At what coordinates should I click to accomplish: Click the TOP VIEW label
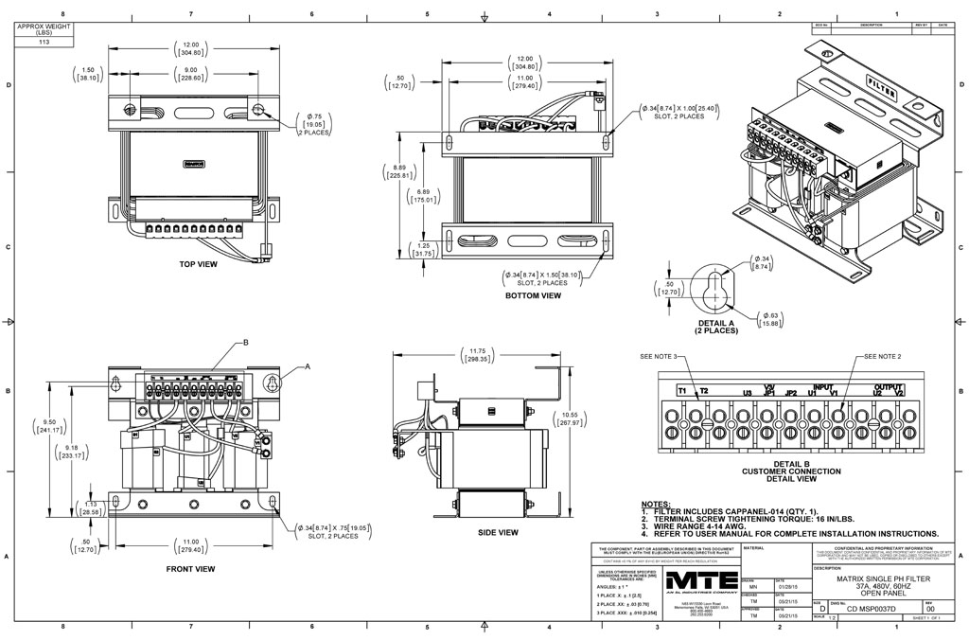tap(198, 264)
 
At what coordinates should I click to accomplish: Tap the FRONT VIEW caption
tap(190, 569)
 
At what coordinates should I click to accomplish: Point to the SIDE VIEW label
tap(498, 533)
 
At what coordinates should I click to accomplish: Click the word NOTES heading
tap(656, 505)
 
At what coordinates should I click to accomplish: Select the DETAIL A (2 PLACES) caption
tap(715, 326)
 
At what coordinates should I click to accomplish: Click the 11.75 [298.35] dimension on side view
tap(475, 356)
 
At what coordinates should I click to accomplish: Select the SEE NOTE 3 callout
tap(659, 357)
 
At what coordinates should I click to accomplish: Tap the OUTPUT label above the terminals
tap(889, 386)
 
